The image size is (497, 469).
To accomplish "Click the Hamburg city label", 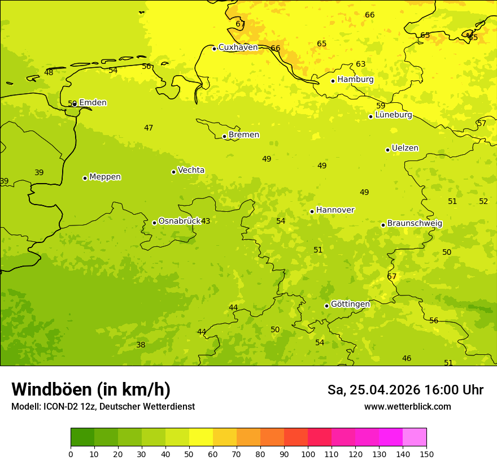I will point(355,80).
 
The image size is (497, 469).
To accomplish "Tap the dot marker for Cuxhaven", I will point(215,49).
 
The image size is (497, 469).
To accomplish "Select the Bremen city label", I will point(243,135).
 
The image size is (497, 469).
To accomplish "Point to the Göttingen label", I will point(350,304).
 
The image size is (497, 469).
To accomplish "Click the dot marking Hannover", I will point(312,211).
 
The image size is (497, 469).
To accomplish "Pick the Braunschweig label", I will point(415,223).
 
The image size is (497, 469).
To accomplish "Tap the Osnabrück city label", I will point(179,221).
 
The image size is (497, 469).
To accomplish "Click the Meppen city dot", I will point(85,178).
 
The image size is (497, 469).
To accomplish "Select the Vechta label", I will point(191,170).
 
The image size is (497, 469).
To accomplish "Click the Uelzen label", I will point(405,148).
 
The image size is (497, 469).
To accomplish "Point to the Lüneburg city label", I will point(393,115).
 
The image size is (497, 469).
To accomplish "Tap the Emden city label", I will point(93,103).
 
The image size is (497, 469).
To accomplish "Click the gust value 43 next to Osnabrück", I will point(206,222).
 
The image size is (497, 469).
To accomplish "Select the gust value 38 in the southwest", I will point(141,345).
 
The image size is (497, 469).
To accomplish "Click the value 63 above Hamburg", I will point(360,64).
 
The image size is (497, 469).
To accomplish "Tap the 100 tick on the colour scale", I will point(308,454).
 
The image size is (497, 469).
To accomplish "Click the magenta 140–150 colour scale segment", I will point(415,437).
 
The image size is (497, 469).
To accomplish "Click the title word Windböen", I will point(51,389).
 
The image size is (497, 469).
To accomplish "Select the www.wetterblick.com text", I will point(407,406).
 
